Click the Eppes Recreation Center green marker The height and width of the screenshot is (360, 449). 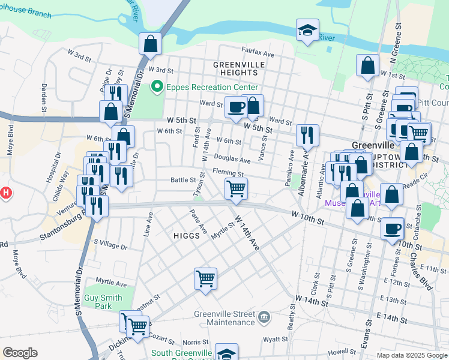click(158, 88)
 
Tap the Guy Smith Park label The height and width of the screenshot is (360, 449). click(103, 302)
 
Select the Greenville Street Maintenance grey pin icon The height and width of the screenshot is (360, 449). click(264, 316)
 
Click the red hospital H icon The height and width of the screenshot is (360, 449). click(5, 193)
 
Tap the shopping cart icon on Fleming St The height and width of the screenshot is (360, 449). click(236, 189)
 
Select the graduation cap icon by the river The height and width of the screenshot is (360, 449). click(307, 30)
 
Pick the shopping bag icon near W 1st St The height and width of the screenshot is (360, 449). click(367, 65)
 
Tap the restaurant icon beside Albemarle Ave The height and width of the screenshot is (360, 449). click(307, 136)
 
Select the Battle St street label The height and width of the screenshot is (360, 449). click(183, 179)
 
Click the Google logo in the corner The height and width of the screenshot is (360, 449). click(20, 353)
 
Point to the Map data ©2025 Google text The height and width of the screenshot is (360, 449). click(411, 355)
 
